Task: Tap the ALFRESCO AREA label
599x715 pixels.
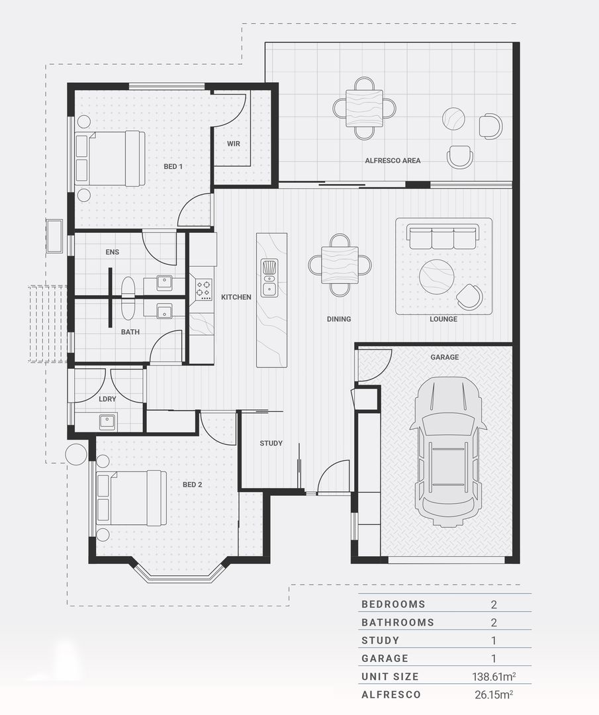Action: pyautogui.click(x=392, y=160)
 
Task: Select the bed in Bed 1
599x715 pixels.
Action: pyautogui.click(x=110, y=158)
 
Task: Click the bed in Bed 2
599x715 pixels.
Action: pyautogui.click(x=131, y=498)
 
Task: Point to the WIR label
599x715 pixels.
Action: pyautogui.click(x=233, y=144)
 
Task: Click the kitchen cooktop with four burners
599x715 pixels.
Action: pyautogui.click(x=203, y=288)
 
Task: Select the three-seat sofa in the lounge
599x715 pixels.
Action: pyautogui.click(x=443, y=236)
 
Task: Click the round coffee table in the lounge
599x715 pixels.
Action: pyautogui.click(x=437, y=276)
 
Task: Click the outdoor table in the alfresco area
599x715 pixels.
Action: pyautogui.click(x=364, y=108)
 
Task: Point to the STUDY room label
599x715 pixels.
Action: pyautogui.click(x=271, y=443)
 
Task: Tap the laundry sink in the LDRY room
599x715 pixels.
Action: pyautogui.click(x=107, y=422)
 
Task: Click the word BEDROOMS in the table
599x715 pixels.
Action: pyautogui.click(x=393, y=604)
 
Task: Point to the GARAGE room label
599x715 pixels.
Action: pyautogui.click(x=444, y=357)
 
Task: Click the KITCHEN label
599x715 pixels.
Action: pyautogui.click(x=236, y=297)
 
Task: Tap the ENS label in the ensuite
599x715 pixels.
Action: pyautogui.click(x=112, y=252)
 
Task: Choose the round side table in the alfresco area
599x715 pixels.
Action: pyautogui.click(x=453, y=119)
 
